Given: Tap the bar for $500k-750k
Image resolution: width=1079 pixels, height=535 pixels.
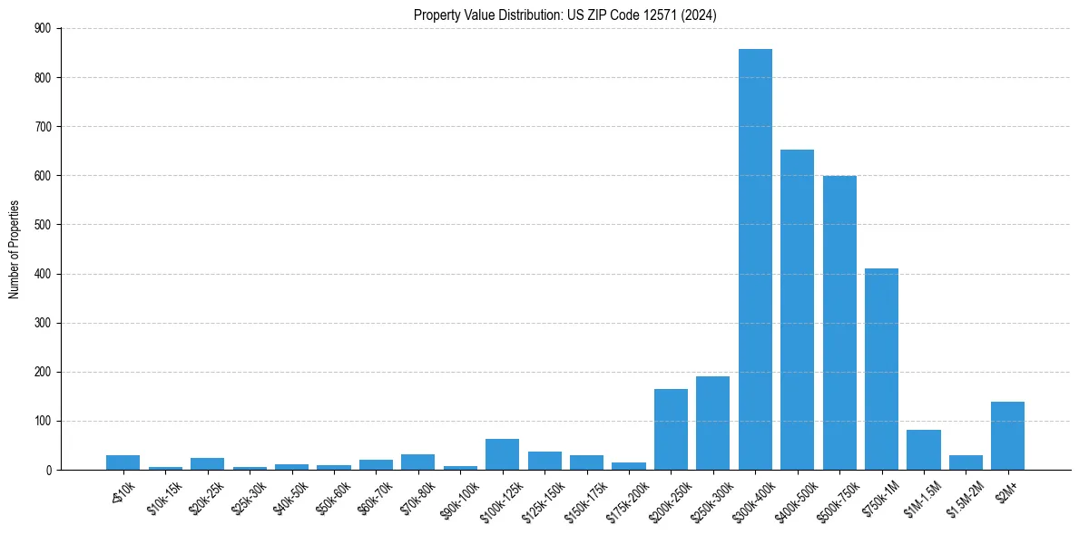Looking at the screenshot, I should click(839, 323).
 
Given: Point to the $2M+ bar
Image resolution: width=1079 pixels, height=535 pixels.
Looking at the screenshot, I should click(1007, 436).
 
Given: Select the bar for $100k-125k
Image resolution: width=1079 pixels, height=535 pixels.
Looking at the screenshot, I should click(502, 454).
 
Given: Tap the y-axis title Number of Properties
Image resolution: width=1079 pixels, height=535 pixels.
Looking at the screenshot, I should click(15, 249).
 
